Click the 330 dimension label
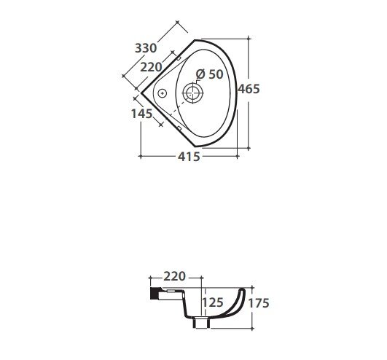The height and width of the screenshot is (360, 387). coord(146,48)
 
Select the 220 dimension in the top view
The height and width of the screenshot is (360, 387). coord(151,67)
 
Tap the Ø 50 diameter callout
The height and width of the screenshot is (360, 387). coord(210,74)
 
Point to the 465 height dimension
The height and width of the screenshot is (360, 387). coord(249,89)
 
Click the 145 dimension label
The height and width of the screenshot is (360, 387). coord(141,114)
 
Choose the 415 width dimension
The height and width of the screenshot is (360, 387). coord(189,157)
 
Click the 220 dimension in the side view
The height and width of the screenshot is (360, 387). coord(174,277)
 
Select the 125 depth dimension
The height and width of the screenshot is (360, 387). coord(213,302)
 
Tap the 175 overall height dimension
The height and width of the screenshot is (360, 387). coord(259,303)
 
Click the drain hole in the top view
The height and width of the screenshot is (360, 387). coord(192,93)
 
